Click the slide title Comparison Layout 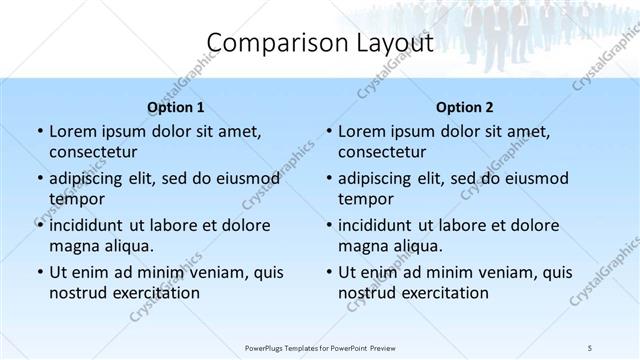point(320,43)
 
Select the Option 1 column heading point(176,107)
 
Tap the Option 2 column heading point(465,107)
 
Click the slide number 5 point(590,347)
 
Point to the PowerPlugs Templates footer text point(319,347)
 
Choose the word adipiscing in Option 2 point(381,179)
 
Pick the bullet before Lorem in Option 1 point(38,132)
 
